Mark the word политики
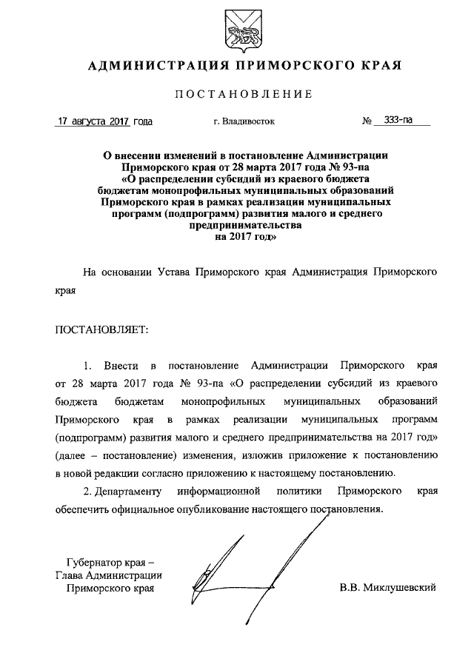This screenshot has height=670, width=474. coord(299,492)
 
